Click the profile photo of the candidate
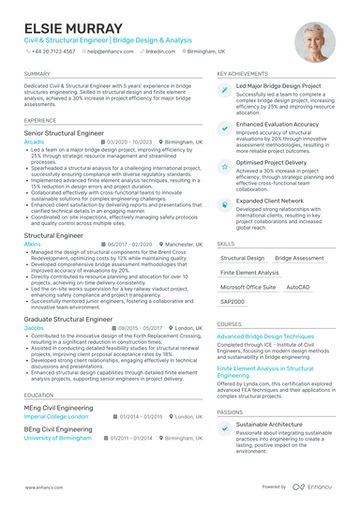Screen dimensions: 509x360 pos(314,42)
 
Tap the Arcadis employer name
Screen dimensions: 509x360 pos(34,142)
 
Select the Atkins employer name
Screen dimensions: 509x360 pos(33,243)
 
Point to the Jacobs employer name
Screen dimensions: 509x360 pos(34,328)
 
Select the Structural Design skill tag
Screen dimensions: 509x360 pos(242,257)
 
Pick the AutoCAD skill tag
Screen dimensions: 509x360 pos(298,287)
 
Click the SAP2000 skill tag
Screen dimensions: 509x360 pos(232,302)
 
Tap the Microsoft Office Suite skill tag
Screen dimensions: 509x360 pos(247,287)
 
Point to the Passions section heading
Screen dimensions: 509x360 pos(230,412)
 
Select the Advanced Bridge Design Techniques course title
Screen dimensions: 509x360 pos(265,336)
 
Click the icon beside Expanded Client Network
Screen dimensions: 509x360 pos(225,202)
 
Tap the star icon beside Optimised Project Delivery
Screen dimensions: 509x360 pos(225,165)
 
